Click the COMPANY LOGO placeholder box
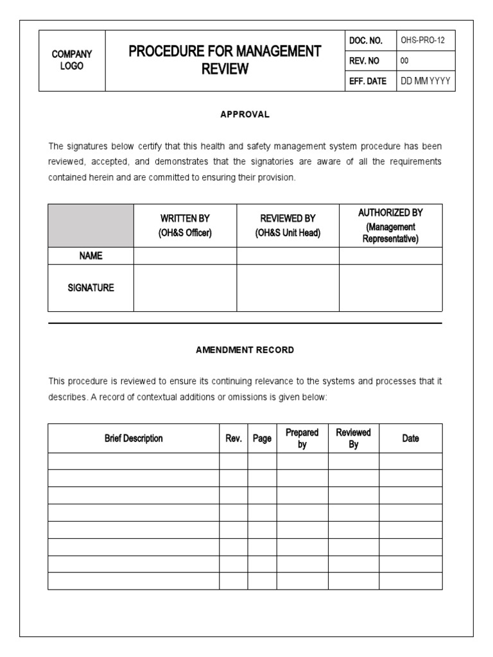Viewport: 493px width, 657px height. pyautogui.click(x=72, y=60)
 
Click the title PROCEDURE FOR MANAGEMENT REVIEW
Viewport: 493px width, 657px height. pyautogui.click(x=225, y=60)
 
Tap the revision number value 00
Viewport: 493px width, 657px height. pyautogui.click(x=404, y=61)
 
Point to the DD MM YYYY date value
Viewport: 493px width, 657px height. pyautogui.click(x=425, y=81)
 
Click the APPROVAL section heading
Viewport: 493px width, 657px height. pyautogui.click(x=245, y=114)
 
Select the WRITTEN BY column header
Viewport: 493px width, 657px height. pyautogui.click(x=185, y=226)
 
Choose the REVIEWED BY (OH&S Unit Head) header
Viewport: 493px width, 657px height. pyautogui.click(x=288, y=226)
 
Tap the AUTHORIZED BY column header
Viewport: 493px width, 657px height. pyautogui.click(x=390, y=226)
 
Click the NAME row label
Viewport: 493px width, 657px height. pyautogui.click(x=91, y=255)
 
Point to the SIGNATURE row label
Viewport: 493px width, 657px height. pyautogui.click(x=91, y=288)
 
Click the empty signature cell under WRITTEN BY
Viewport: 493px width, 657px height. pyautogui.click(x=185, y=288)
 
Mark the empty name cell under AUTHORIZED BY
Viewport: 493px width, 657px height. pyautogui.click(x=390, y=255)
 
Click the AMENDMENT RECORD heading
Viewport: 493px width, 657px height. pyautogui.click(x=245, y=350)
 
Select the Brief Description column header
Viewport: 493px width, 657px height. pyautogui.click(x=134, y=438)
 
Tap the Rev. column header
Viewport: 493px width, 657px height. pyautogui.click(x=233, y=438)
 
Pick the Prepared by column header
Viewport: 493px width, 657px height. pyautogui.click(x=302, y=438)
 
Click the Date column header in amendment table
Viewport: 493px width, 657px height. pyautogui.click(x=410, y=438)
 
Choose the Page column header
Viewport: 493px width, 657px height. pyautogui.click(x=262, y=438)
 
